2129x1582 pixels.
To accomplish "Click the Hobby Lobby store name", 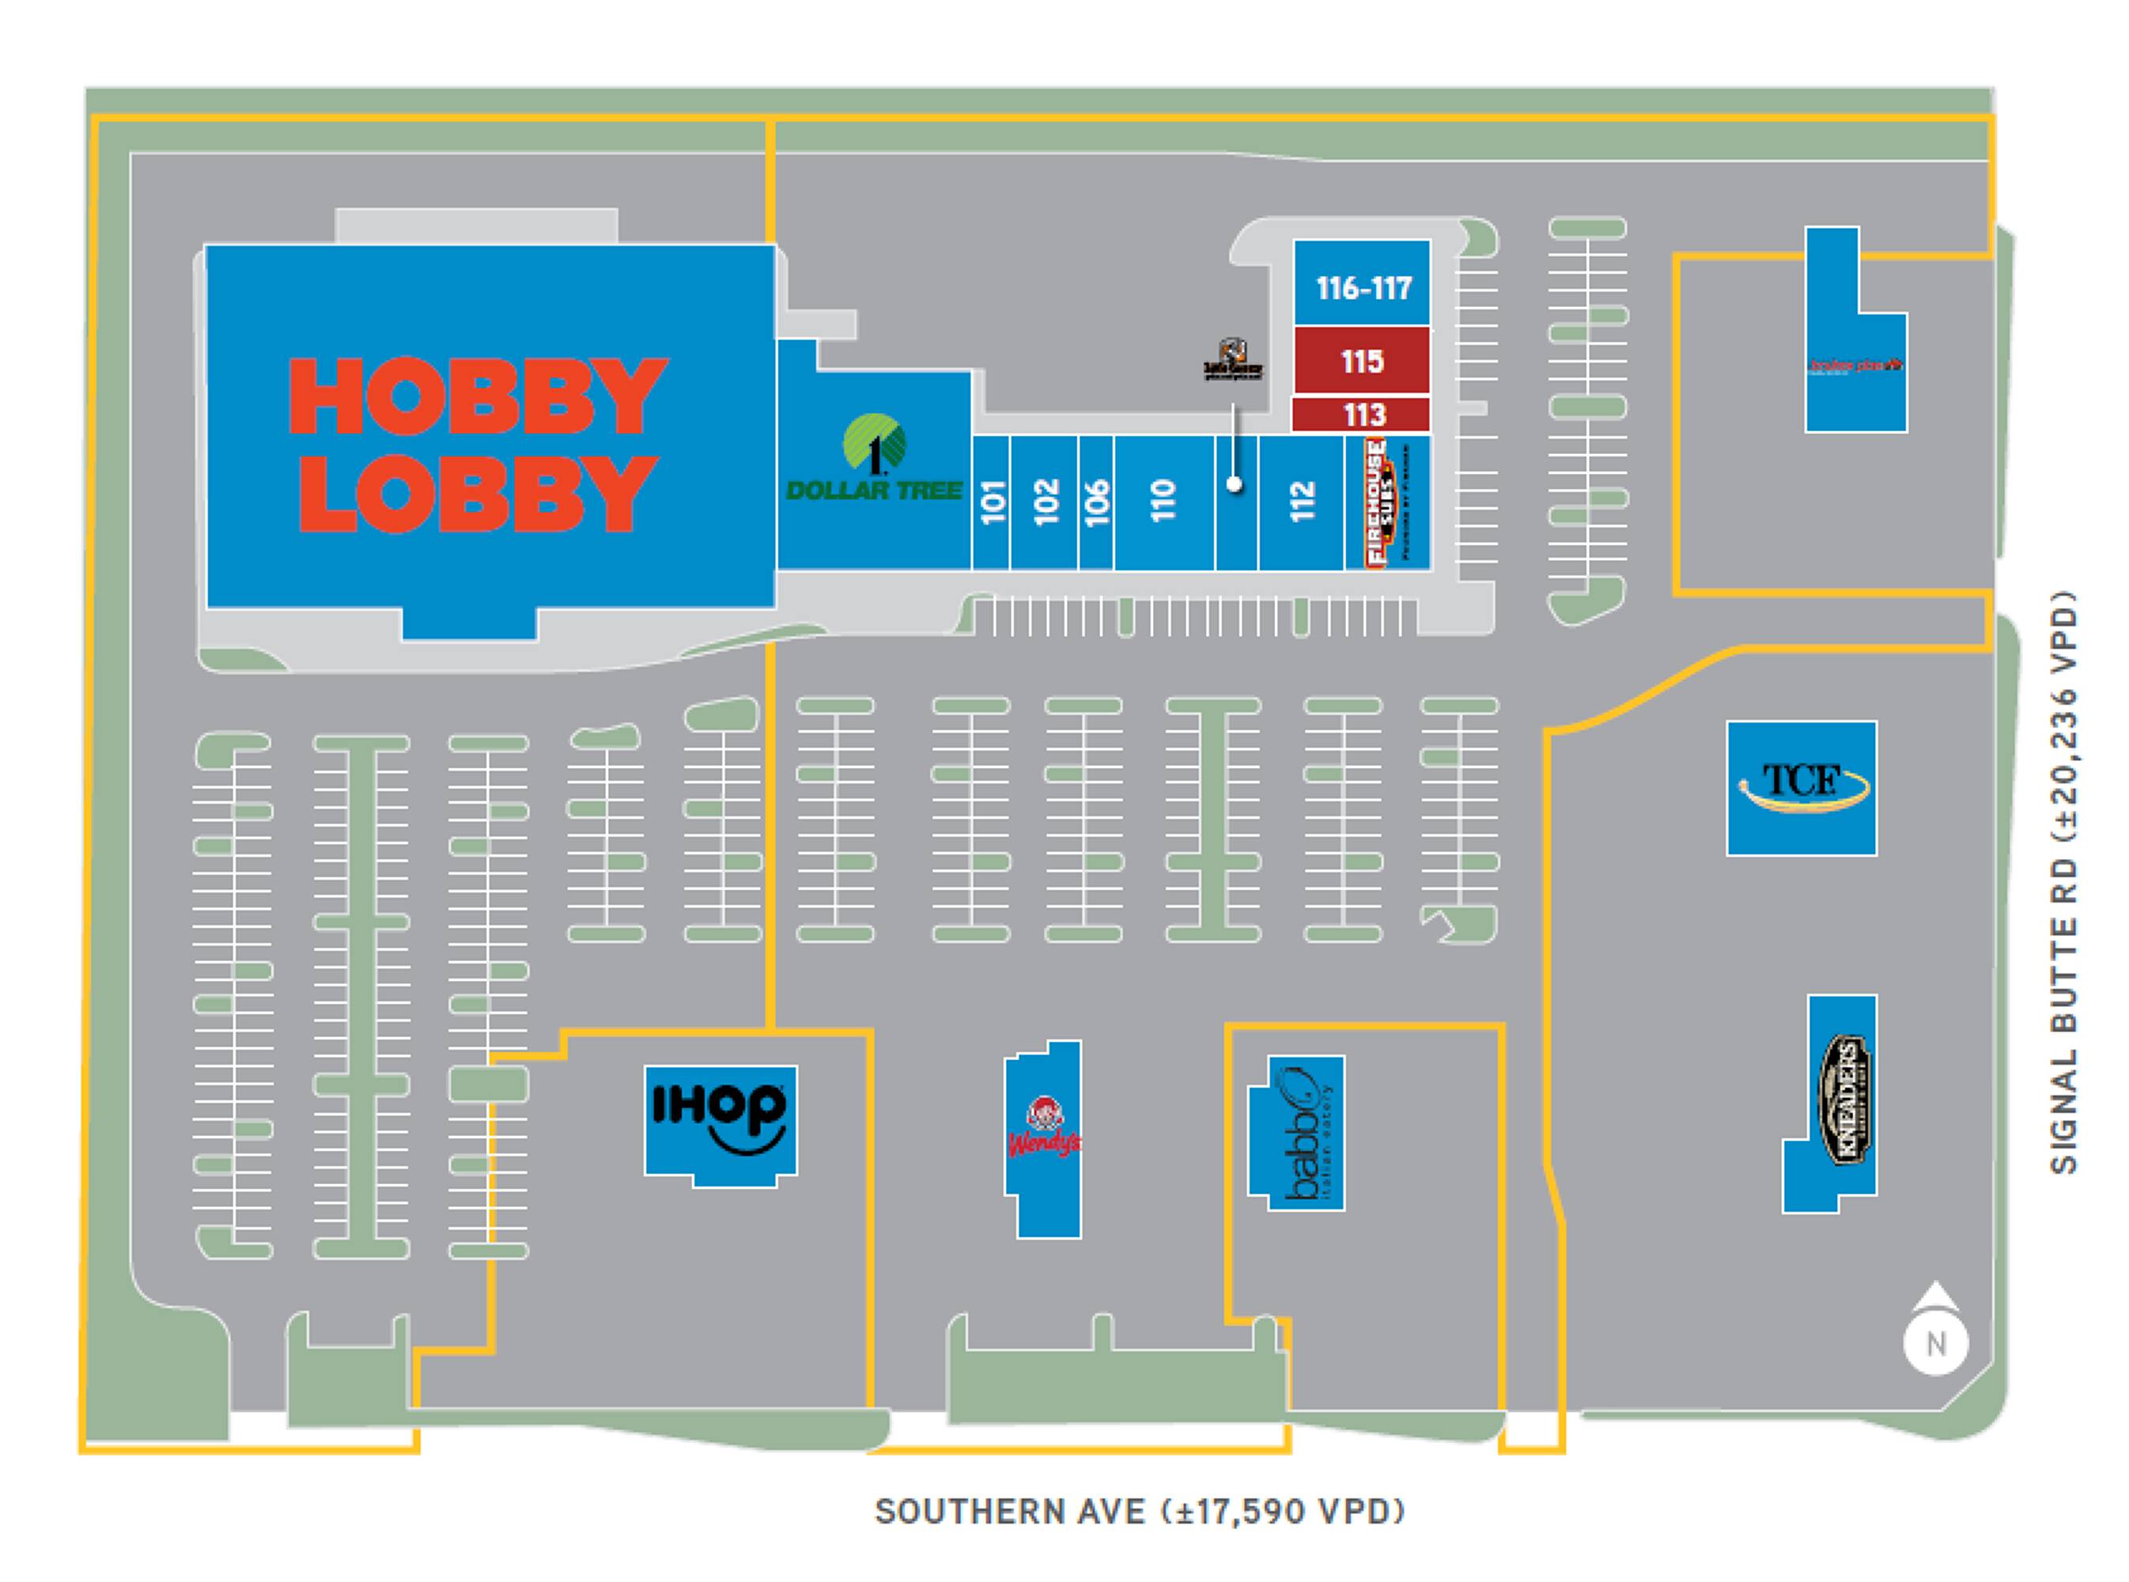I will [x=476, y=445].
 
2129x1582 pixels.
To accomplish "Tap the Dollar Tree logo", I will [x=874, y=459].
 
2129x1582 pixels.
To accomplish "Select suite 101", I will [x=993, y=501].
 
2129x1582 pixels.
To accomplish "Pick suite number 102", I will [x=1046, y=501].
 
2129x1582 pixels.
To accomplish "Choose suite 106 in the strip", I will [x=1096, y=501].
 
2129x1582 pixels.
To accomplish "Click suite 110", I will [x=1163, y=501].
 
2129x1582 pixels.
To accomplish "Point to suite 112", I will [x=1302, y=501].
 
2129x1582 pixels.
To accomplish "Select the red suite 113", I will [x=1362, y=414].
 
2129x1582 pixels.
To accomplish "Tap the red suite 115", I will [x=1361, y=361].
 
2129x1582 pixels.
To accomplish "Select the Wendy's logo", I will [x=1043, y=1130].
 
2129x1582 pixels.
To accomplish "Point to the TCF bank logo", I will [x=1801, y=786].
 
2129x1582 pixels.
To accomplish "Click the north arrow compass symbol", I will [x=1935, y=1331].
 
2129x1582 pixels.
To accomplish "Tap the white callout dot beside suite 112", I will [x=1235, y=485].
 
